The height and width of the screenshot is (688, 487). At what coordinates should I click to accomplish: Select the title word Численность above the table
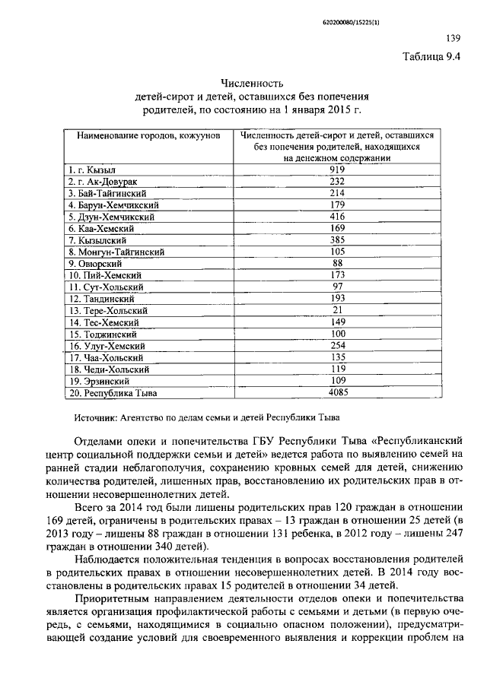click(x=252, y=83)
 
